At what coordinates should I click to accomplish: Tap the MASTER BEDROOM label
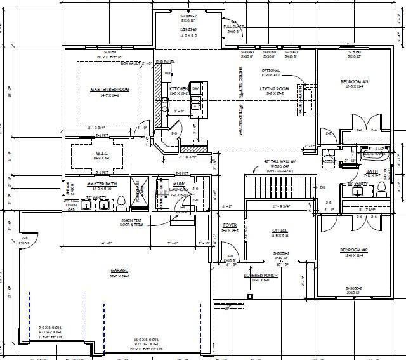110,90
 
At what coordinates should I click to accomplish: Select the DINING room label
188,30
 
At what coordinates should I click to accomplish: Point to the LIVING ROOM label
275,89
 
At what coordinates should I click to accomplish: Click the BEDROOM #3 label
355,82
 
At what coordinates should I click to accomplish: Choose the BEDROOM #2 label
355,250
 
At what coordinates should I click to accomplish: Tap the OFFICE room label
280,230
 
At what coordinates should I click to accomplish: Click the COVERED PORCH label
262,275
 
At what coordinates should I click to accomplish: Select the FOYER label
229,226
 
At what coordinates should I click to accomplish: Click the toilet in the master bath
121,202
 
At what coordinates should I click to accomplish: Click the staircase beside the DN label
279,187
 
